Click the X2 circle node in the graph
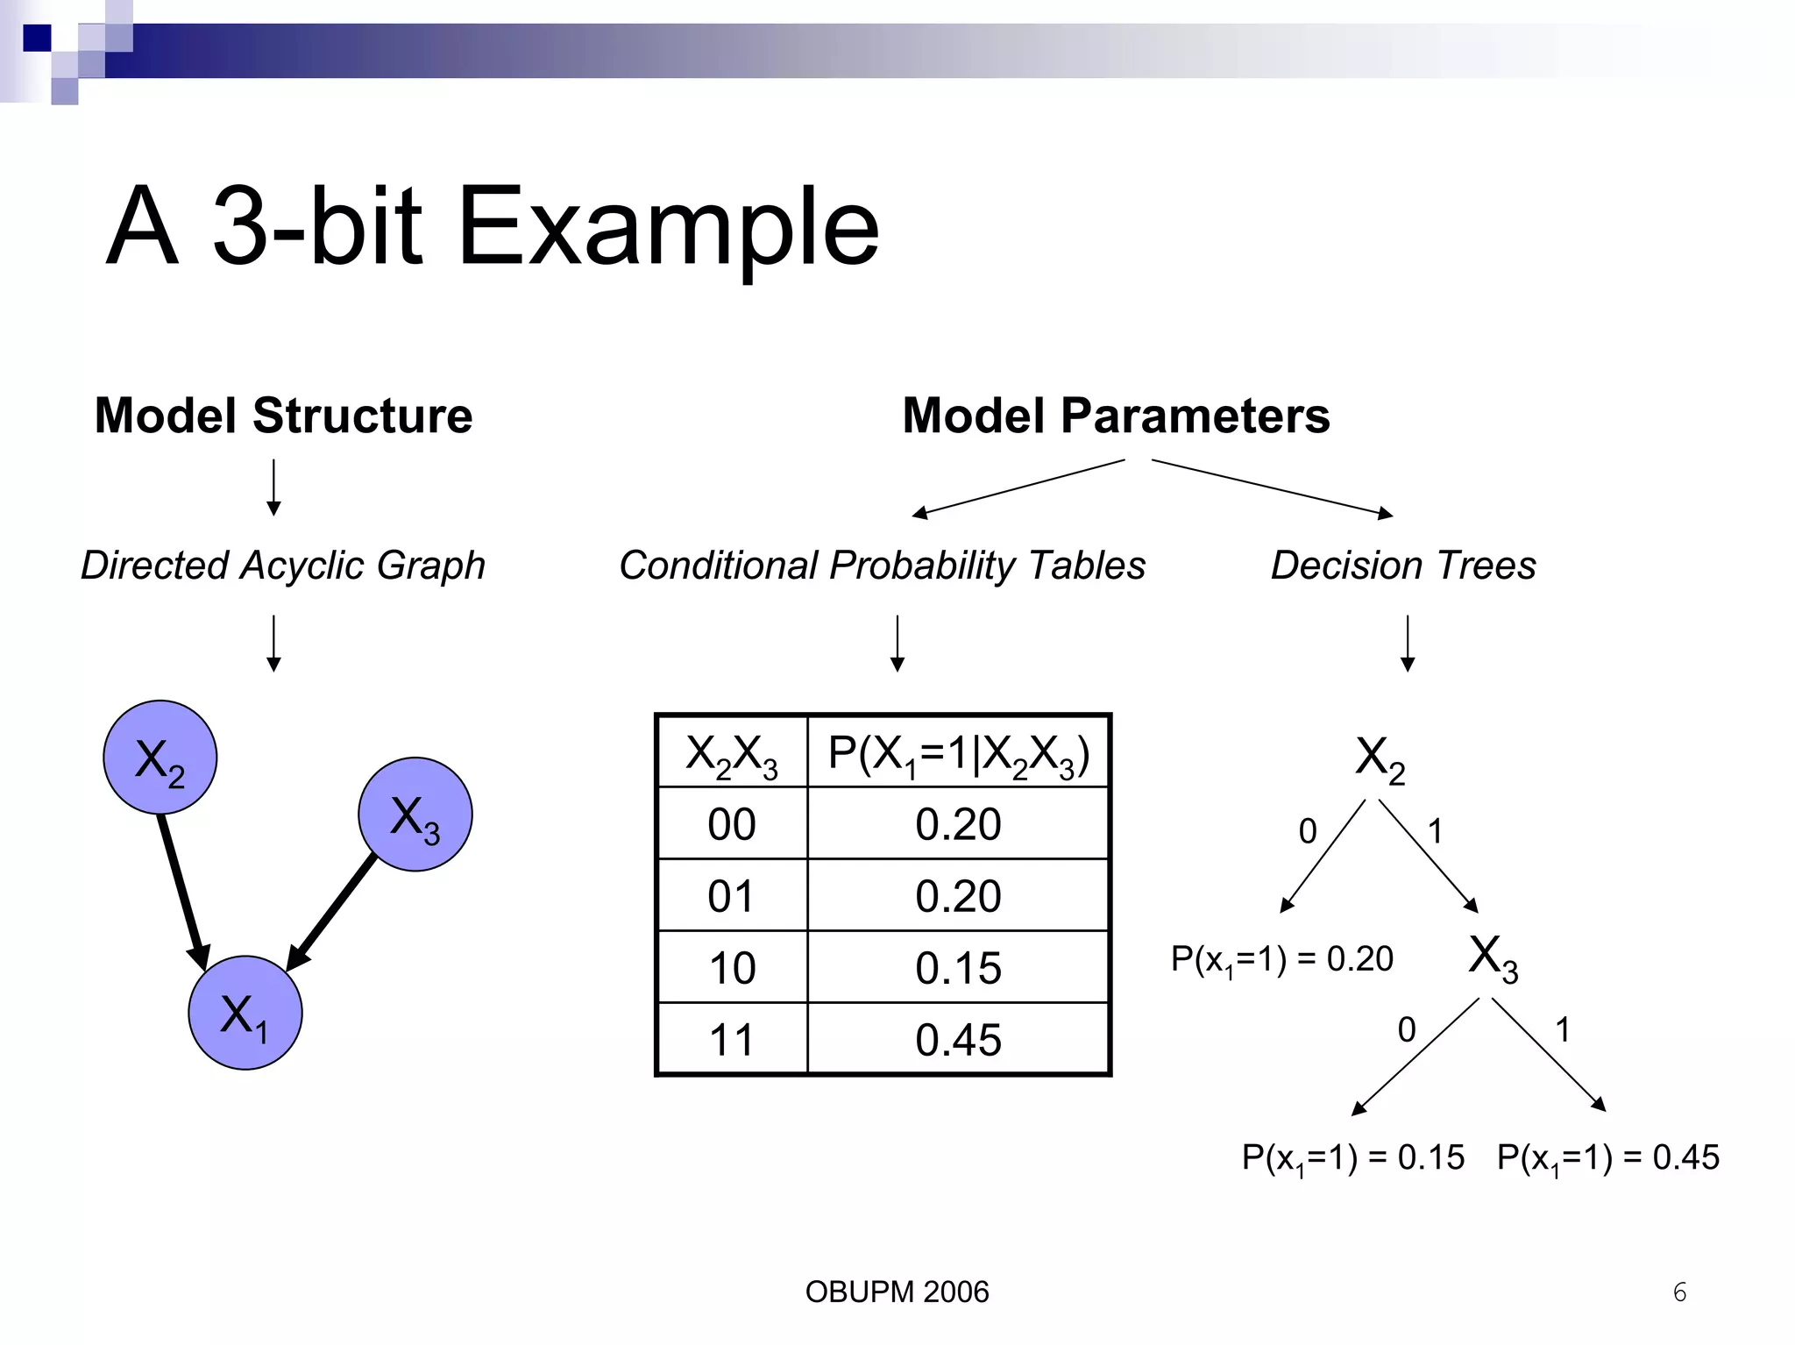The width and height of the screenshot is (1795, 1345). tap(160, 758)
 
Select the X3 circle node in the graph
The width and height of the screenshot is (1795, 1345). tap(415, 815)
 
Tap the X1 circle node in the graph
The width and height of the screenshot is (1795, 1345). tap(245, 1013)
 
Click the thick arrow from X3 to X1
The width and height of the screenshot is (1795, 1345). tap(334, 913)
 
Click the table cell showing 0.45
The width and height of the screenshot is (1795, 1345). tap(958, 1040)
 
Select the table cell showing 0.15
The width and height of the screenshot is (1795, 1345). tap(958, 968)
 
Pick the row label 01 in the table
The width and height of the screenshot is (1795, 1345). tap(731, 896)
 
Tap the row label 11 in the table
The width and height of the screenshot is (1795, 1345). tap(731, 1040)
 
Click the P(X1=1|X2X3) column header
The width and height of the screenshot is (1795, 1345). tap(958, 753)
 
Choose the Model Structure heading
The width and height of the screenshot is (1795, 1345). tap(283, 416)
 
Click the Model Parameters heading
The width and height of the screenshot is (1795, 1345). tap(1116, 416)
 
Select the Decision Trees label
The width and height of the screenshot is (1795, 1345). tap(1403, 566)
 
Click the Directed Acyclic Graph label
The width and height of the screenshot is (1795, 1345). tap(283, 566)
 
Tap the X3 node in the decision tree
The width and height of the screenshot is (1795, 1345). tap(1493, 957)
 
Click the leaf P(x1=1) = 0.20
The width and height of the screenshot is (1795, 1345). tap(1281, 959)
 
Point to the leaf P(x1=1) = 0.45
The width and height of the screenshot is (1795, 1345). tap(1607, 1158)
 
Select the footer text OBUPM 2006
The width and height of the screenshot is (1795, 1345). tap(897, 1292)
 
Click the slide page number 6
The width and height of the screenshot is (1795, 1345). tap(1679, 1292)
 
